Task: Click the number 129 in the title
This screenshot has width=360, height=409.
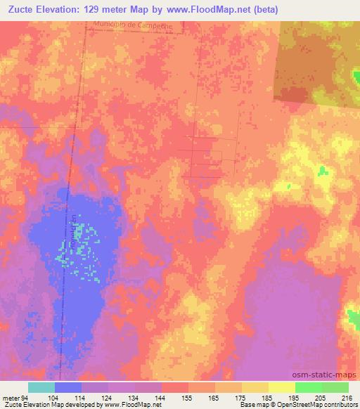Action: point(106,10)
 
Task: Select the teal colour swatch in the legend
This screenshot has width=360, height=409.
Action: point(41,387)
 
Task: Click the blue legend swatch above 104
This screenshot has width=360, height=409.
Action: point(68,387)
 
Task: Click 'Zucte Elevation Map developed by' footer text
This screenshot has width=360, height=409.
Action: point(49,405)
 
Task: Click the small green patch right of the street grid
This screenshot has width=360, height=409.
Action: point(322,170)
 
